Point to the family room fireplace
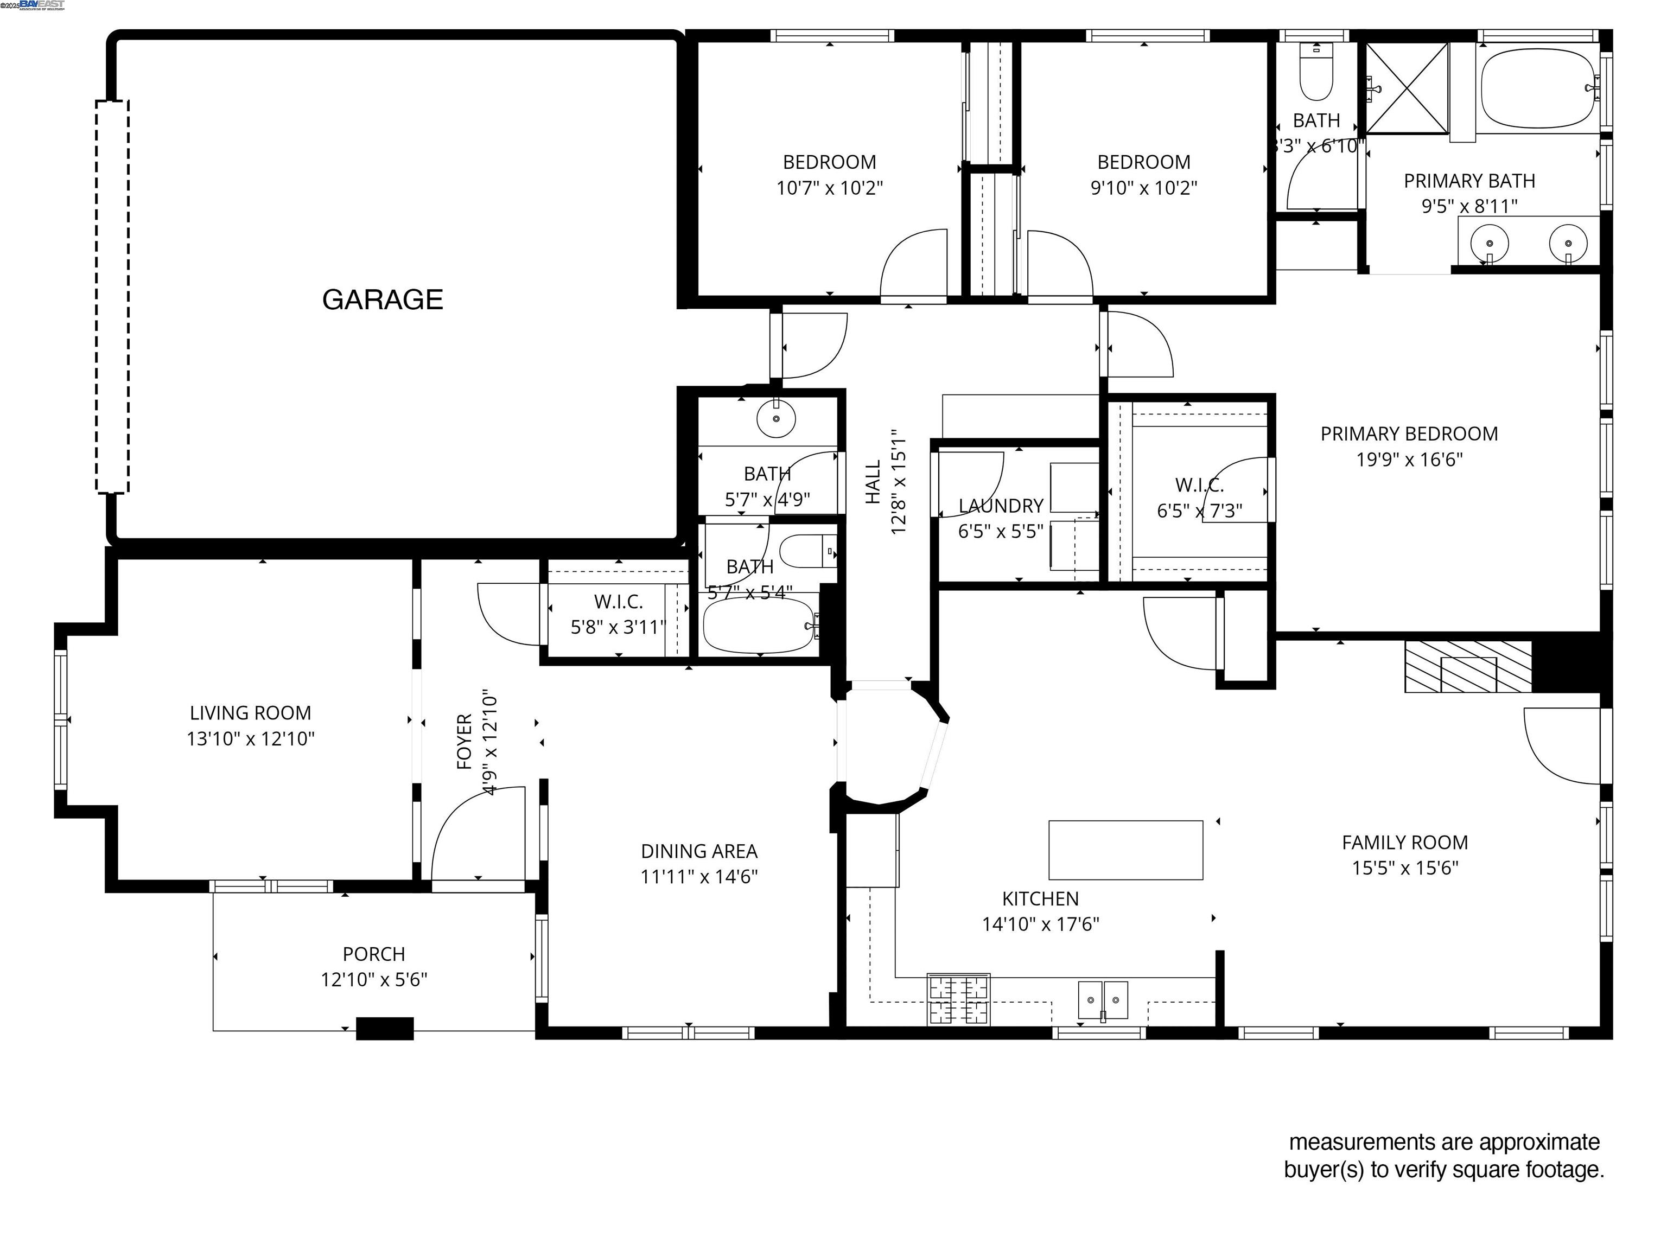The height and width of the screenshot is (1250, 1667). tap(1467, 666)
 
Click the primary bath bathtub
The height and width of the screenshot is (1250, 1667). tap(1537, 89)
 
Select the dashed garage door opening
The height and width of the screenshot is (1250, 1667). tap(112, 296)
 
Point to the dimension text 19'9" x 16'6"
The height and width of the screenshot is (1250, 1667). tap(1409, 460)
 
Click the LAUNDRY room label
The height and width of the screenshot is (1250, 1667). tap(1000, 506)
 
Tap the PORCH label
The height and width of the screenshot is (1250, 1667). tap(374, 954)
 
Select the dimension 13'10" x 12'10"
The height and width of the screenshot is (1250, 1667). tap(250, 738)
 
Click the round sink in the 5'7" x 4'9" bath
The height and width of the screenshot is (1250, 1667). tap(775, 418)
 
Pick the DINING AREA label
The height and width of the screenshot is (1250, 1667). tap(698, 851)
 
